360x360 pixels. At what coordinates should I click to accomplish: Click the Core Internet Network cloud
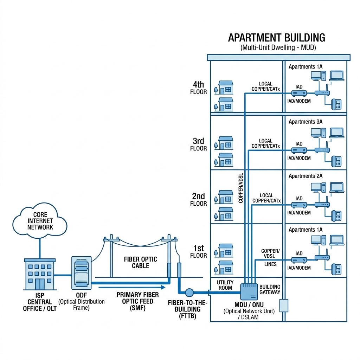(x=40, y=220)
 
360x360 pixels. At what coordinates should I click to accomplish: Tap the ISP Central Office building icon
(x=40, y=274)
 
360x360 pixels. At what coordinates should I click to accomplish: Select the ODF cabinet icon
(x=82, y=273)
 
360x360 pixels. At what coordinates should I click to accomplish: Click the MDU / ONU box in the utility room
(x=249, y=292)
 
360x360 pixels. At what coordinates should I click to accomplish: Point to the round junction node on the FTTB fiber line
(x=189, y=292)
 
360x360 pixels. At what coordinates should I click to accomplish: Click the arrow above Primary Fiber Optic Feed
(x=132, y=287)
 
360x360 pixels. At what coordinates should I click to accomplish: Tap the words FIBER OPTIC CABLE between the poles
(x=141, y=262)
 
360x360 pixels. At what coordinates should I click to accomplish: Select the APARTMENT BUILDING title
(x=276, y=38)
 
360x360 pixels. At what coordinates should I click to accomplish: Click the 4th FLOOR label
(x=198, y=88)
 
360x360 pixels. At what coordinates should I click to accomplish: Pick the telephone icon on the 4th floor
(x=336, y=104)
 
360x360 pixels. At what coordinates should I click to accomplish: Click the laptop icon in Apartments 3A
(x=337, y=133)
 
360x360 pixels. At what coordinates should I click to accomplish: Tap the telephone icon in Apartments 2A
(x=336, y=216)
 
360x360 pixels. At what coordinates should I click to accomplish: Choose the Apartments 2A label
(x=306, y=176)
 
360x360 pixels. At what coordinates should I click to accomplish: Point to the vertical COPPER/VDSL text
(x=240, y=188)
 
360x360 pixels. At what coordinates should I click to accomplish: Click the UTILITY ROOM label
(x=225, y=285)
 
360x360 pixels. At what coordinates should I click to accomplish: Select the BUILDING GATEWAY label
(x=270, y=289)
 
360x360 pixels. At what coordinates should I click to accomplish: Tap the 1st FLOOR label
(x=198, y=251)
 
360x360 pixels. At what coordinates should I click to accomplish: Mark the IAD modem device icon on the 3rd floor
(x=299, y=150)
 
